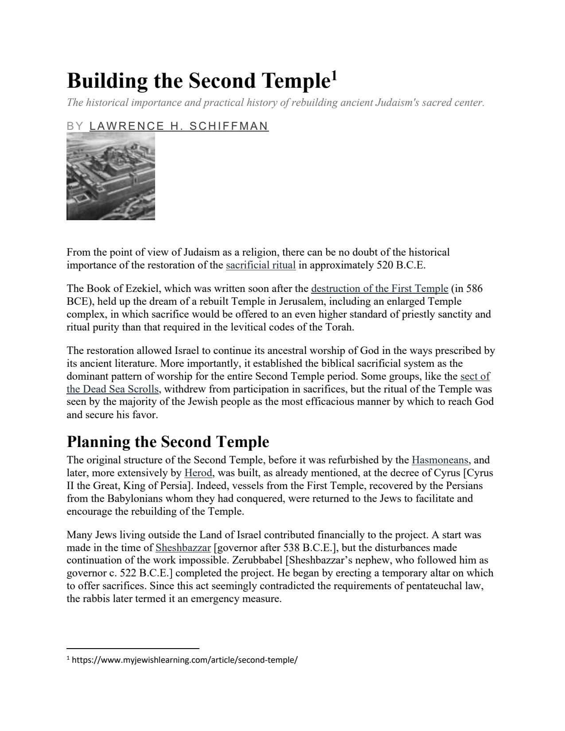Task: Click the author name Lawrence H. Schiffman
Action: click(x=179, y=126)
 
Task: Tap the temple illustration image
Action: click(x=111, y=176)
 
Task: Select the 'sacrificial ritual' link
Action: click(x=261, y=265)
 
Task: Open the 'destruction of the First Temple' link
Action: click(x=379, y=288)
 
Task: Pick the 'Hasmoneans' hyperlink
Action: click(x=440, y=460)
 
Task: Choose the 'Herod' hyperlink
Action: click(x=198, y=473)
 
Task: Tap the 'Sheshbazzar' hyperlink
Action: click(x=183, y=548)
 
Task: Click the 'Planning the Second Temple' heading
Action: click(x=168, y=442)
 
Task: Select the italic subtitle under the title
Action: click(x=276, y=103)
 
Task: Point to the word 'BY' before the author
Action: click(x=74, y=126)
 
